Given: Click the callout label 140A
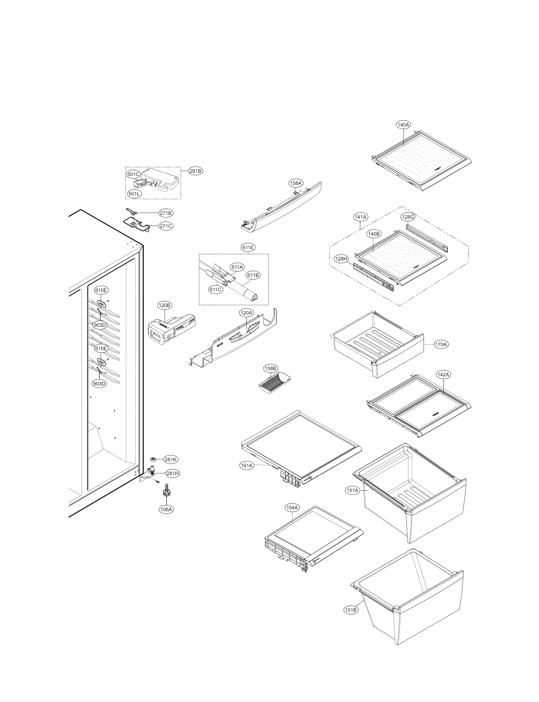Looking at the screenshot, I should [403, 125].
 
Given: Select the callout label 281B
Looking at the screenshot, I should [195, 171].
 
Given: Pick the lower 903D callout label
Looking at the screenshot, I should [99, 384].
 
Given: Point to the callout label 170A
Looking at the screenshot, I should [441, 344].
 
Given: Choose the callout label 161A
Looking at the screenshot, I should [247, 465].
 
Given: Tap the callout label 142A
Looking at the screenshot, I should [443, 375].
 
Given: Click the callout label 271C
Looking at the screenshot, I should [166, 226].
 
